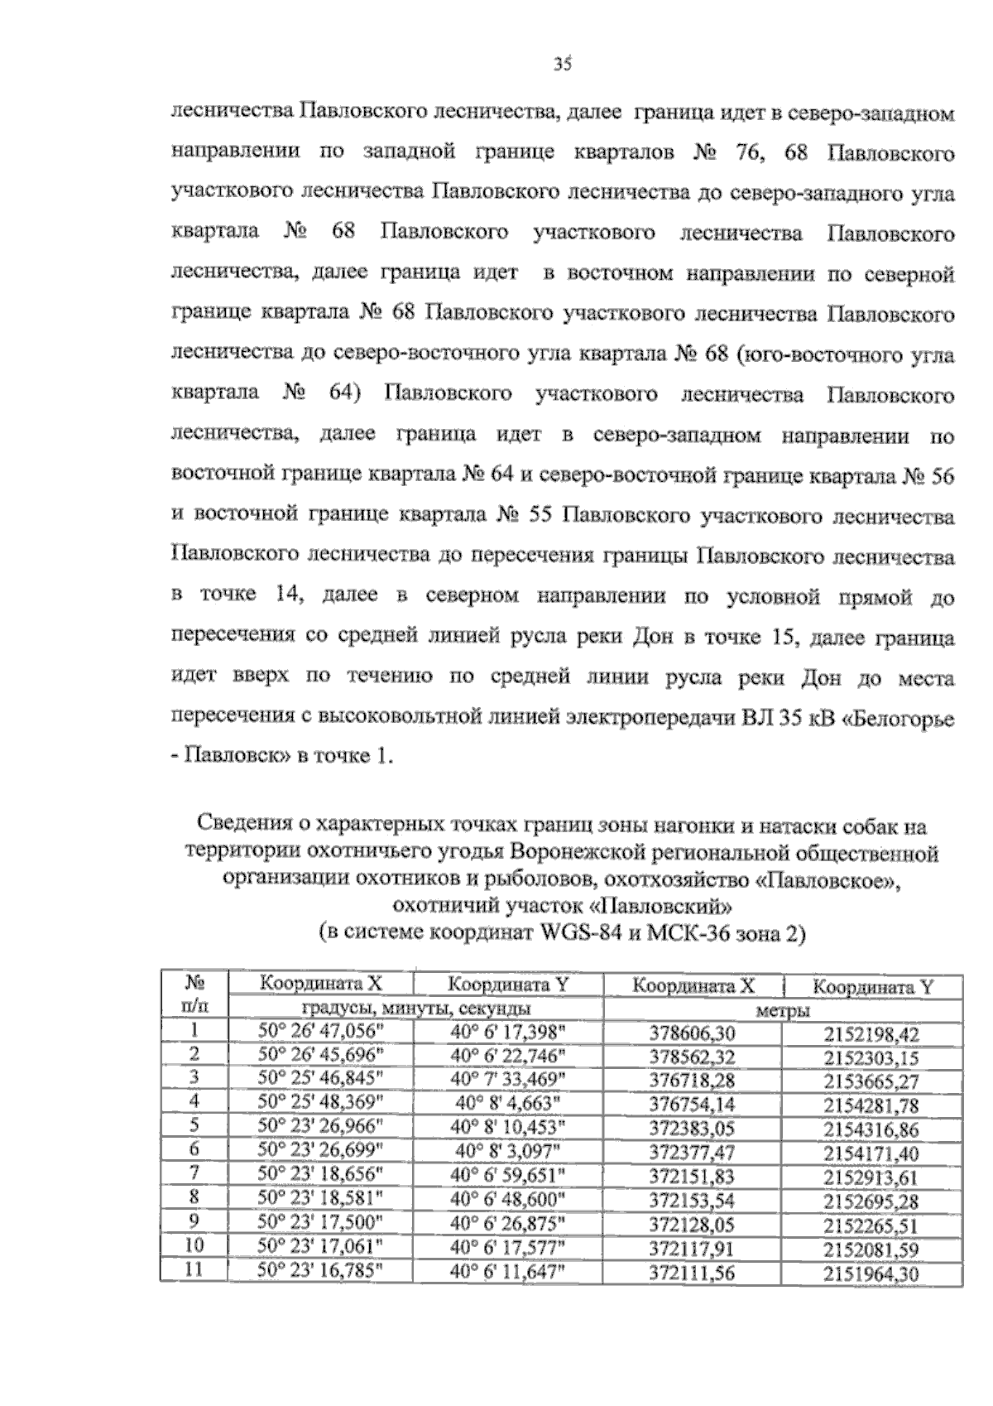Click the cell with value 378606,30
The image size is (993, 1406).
(693, 1033)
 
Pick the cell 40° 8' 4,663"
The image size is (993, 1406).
(509, 1102)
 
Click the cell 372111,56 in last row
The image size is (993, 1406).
(693, 1273)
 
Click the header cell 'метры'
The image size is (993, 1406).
(782, 1010)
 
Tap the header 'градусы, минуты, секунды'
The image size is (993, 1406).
(416, 1009)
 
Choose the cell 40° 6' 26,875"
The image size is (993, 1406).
(509, 1221)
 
